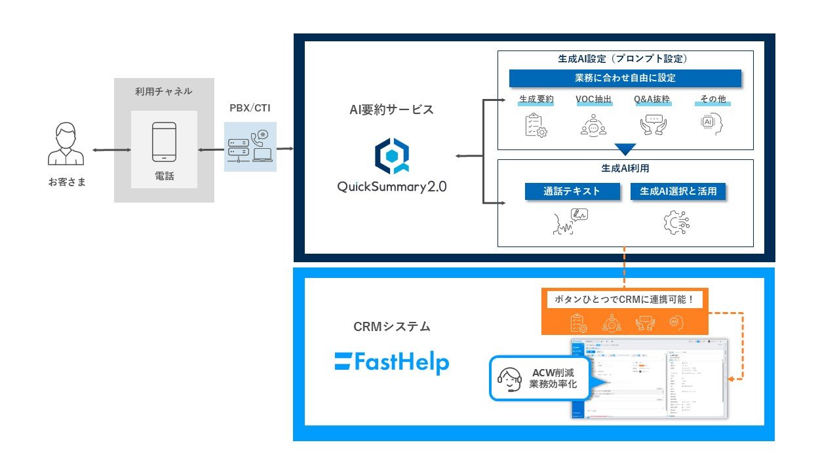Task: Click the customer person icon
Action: tap(66, 146)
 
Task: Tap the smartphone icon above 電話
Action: tap(163, 142)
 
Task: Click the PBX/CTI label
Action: tap(250, 107)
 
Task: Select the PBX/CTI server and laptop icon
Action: tap(250, 146)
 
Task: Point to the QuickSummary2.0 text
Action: tap(391, 186)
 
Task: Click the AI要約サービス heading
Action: tap(391, 109)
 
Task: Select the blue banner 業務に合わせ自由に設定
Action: tap(625, 78)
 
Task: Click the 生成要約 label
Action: tap(536, 100)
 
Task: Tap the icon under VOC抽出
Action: tap(593, 125)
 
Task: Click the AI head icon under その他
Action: tap(711, 125)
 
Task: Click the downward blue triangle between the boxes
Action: tap(625, 149)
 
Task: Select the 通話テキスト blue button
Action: tap(572, 191)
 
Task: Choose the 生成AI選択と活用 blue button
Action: tap(678, 191)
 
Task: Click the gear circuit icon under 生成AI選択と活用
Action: tap(677, 222)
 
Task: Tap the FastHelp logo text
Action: tap(391, 363)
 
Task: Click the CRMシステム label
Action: tap(391, 326)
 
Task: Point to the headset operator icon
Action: tap(509, 378)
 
